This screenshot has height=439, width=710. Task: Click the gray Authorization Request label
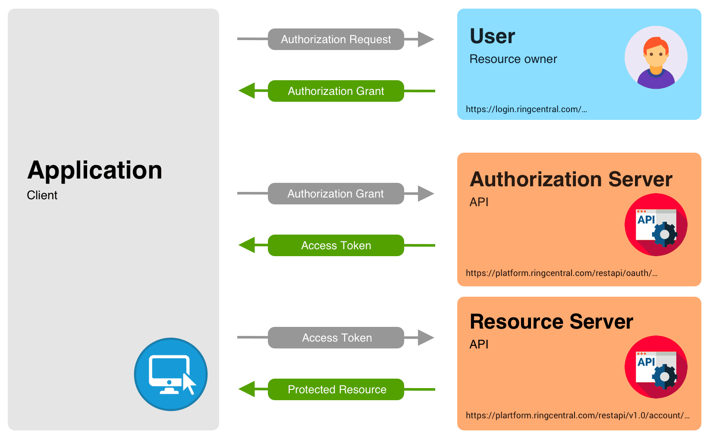pos(336,39)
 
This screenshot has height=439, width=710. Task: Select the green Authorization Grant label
pos(336,91)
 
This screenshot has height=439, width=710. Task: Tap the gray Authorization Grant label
pos(336,194)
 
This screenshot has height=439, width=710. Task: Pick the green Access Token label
pos(336,245)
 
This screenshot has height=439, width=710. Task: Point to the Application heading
pos(95,170)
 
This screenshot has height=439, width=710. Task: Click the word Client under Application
pos(42,195)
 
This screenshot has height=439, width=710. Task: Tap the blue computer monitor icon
pos(171,374)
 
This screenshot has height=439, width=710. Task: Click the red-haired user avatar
pos(656,57)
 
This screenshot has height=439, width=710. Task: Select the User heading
pos(492,36)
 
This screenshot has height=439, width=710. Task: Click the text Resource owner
pos(513,59)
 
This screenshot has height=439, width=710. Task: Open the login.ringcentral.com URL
pos(526,109)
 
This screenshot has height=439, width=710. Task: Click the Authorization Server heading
pos(571,179)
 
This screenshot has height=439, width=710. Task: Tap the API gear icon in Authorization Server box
pos(656,225)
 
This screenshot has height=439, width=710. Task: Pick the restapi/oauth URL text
pos(561,273)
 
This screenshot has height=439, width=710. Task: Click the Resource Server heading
pos(551,322)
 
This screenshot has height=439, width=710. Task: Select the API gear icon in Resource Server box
pos(656,367)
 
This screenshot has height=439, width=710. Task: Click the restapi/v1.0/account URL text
pos(577,415)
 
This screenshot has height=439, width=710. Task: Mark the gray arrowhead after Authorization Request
pos(425,39)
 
